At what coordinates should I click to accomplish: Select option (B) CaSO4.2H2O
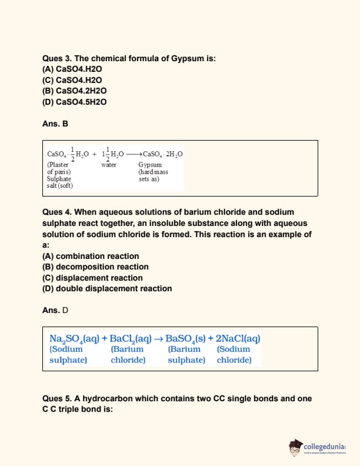coord(74,91)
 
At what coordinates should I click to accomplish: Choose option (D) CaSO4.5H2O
coord(74,101)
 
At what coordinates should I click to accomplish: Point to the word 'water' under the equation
coord(109,165)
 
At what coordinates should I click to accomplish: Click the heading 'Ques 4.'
coord(57,212)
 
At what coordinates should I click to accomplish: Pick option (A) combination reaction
coord(91,256)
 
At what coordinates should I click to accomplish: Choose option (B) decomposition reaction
coord(95,267)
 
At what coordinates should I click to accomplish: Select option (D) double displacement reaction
coord(107,288)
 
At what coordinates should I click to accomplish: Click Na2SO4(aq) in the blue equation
coord(74,338)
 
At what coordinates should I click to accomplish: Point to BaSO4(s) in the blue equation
coord(186,338)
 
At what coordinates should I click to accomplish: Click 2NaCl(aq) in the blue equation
coord(238,338)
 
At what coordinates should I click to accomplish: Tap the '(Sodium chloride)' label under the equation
coord(234,354)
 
